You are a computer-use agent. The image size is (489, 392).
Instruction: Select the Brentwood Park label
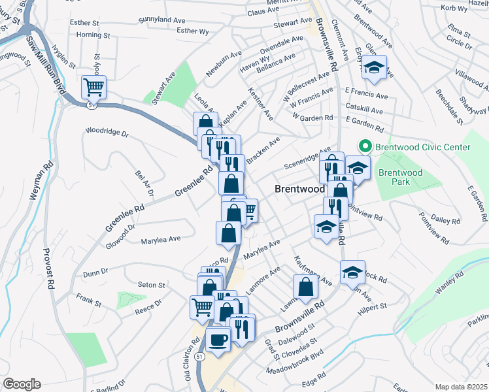(x=401, y=177)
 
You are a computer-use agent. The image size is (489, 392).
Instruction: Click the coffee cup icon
(x=218, y=339)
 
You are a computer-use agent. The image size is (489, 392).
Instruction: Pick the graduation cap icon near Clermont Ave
(x=374, y=67)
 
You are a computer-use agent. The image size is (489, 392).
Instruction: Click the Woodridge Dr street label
(x=107, y=131)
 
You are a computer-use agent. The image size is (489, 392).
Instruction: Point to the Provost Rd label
(x=48, y=269)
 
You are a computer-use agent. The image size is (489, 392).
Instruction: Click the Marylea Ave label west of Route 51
(x=161, y=240)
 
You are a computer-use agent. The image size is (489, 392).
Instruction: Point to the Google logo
(x=21, y=384)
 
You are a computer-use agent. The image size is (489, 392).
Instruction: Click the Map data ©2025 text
(x=461, y=387)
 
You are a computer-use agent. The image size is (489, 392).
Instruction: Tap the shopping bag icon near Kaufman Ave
(x=305, y=286)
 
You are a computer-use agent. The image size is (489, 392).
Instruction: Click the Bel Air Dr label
(x=144, y=183)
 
